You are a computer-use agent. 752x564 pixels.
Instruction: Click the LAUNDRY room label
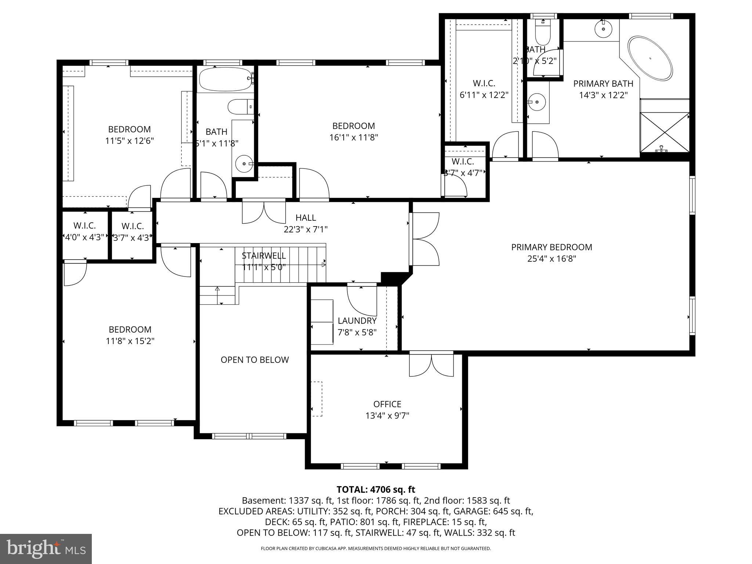[x=357, y=321]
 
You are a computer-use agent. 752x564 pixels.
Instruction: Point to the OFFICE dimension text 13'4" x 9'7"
[x=387, y=416]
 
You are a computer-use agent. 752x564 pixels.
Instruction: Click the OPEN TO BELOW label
[x=254, y=360]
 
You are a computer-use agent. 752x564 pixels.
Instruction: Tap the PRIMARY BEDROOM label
[x=552, y=247]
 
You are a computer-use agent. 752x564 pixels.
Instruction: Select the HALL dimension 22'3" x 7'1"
[x=305, y=229]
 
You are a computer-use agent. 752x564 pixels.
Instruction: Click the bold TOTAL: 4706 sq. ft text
[x=376, y=489]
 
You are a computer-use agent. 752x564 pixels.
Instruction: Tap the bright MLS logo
[x=46, y=549]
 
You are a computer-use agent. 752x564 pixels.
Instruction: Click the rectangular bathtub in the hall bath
[x=225, y=79]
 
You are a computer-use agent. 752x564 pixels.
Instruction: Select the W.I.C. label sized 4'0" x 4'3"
[x=84, y=225]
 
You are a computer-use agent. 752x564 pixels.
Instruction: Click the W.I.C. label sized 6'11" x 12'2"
[x=484, y=83]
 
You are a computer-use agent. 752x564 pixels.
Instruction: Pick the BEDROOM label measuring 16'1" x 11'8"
[x=354, y=126]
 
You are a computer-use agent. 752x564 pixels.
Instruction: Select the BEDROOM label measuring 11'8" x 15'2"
[x=130, y=329]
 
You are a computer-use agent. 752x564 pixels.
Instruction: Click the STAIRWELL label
[x=264, y=256]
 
